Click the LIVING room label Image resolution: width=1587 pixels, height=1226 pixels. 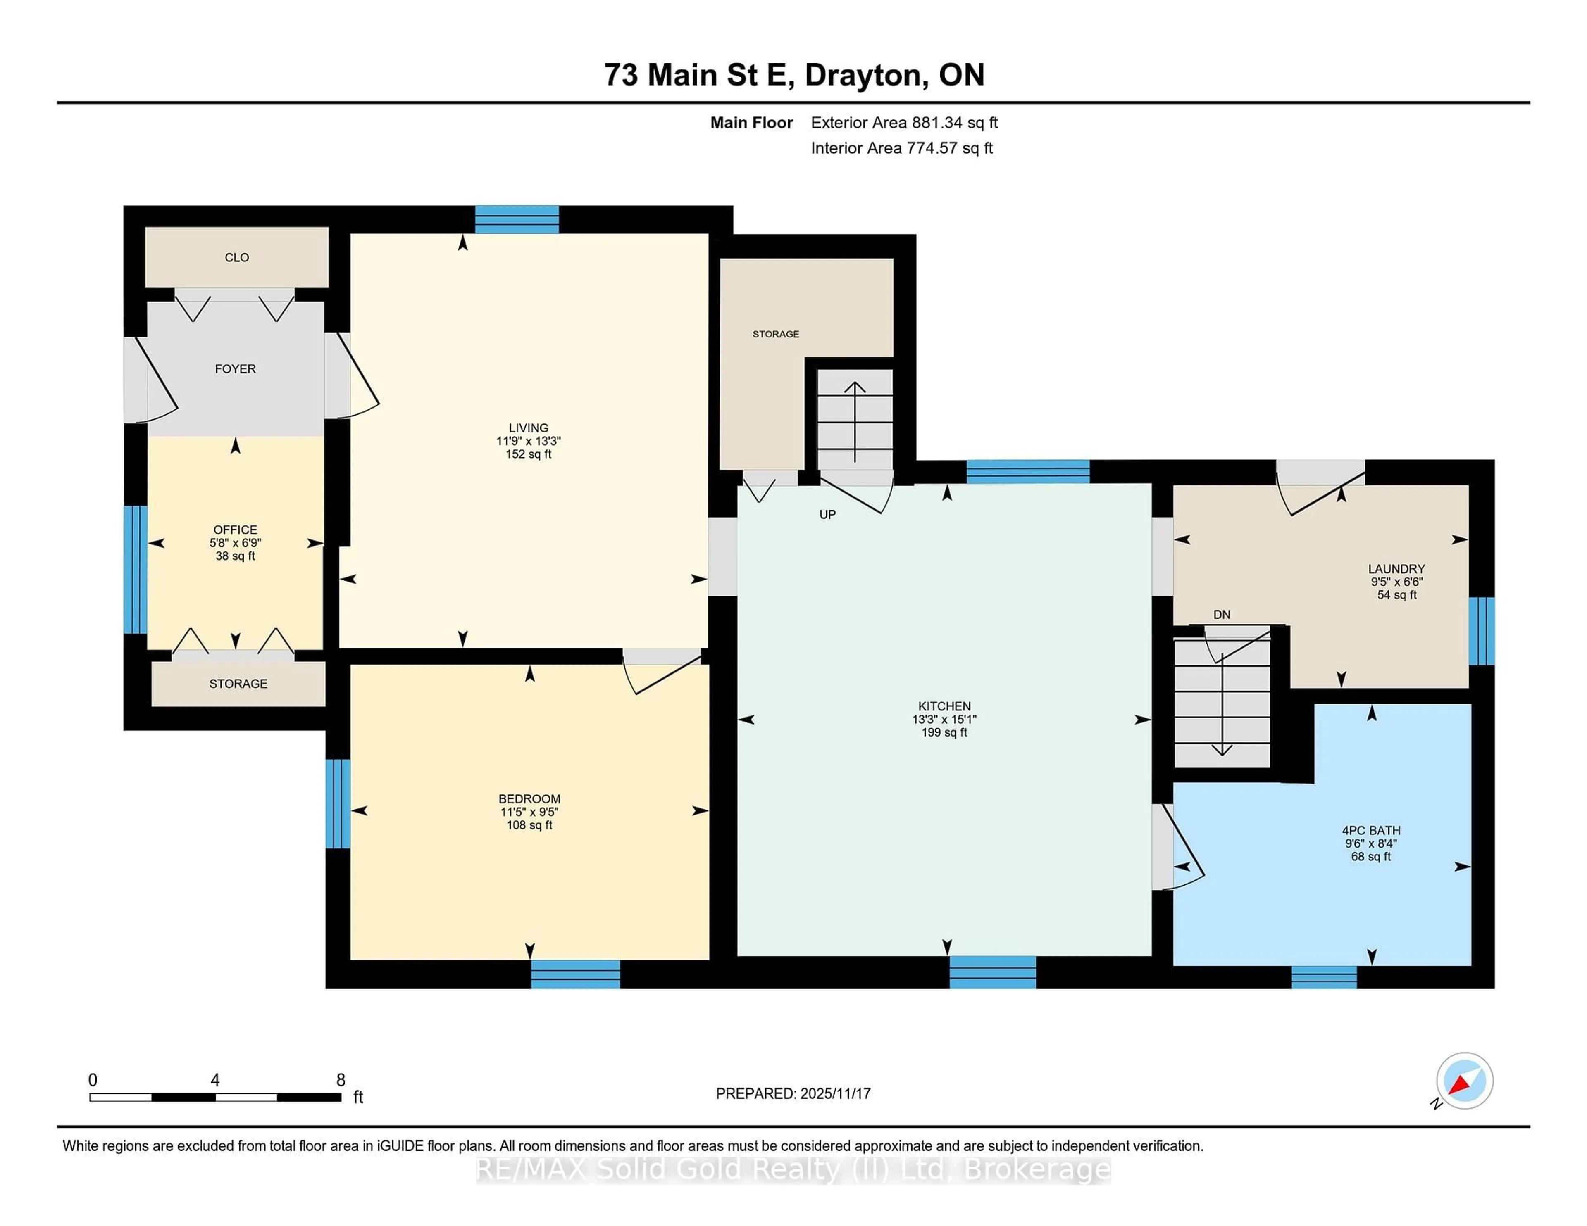pos(528,428)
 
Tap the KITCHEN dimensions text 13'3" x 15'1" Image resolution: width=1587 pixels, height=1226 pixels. pos(944,719)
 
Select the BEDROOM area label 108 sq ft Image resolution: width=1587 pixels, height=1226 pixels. pos(529,825)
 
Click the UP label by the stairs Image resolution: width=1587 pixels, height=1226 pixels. pos(827,514)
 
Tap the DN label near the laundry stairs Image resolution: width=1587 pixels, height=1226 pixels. pos(1222,615)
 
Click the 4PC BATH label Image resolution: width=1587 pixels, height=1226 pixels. pos(1370,830)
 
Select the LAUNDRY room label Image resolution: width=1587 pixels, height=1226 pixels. pos(1396,569)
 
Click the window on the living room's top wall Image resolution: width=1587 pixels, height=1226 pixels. pos(517,219)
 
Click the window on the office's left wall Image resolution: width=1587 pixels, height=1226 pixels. pos(135,570)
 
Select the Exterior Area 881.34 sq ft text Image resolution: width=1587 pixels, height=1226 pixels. pos(904,123)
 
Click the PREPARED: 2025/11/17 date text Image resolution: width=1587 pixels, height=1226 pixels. pos(793,1093)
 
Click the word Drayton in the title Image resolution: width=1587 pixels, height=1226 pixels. pos(865,75)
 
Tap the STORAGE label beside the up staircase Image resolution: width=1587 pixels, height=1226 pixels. pos(775,334)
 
